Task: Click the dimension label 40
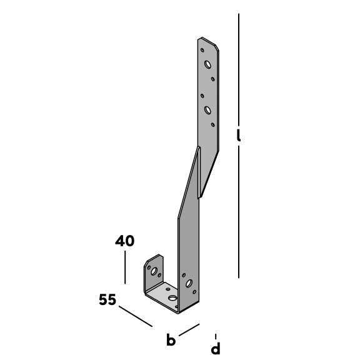pyautogui.click(x=124, y=241)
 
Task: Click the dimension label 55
pyautogui.click(x=107, y=299)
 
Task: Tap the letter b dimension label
pyautogui.click(x=171, y=339)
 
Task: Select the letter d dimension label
pyautogui.click(x=216, y=348)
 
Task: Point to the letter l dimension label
pyautogui.click(x=239, y=135)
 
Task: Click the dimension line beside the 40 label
pyautogui.click(x=125, y=267)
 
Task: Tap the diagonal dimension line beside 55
pyautogui.click(x=136, y=316)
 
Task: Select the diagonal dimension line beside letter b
pyautogui.click(x=189, y=330)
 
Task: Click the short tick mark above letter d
pyautogui.click(x=216, y=337)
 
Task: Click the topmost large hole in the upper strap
pyautogui.click(x=207, y=64)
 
